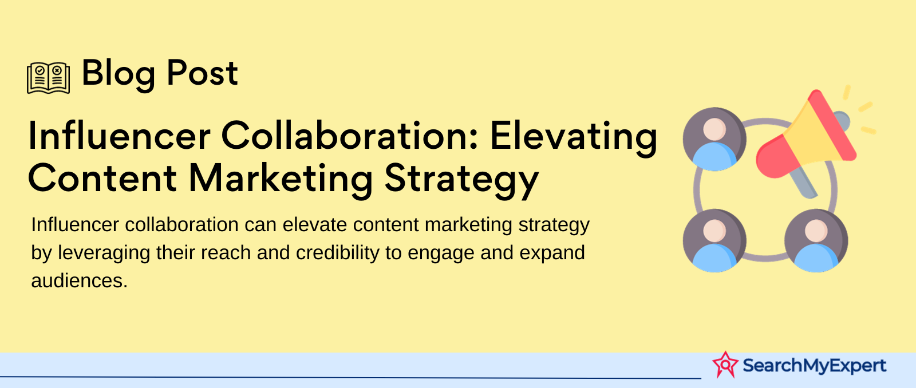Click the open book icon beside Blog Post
click(x=48, y=78)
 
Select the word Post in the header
click(x=203, y=73)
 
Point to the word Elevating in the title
click(x=573, y=139)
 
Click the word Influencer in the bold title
click(x=119, y=136)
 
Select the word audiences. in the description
click(x=80, y=281)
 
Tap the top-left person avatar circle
click(x=714, y=139)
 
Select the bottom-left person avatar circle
click(x=714, y=240)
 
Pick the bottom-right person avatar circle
click(x=816, y=240)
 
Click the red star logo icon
click(x=725, y=365)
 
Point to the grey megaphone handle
click(x=803, y=183)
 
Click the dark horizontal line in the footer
click(x=350, y=377)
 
